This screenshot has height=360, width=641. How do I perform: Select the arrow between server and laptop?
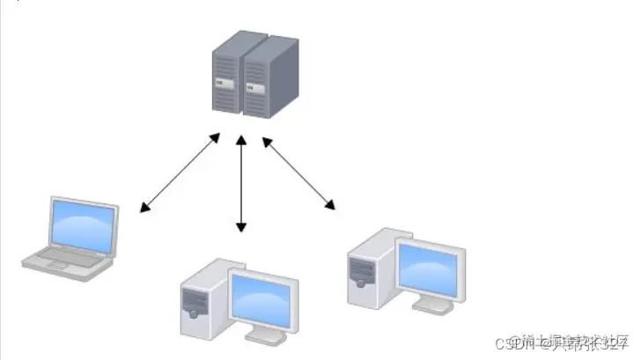180,173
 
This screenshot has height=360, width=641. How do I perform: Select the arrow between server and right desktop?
299,173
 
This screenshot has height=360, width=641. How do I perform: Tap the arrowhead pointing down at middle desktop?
241,228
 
